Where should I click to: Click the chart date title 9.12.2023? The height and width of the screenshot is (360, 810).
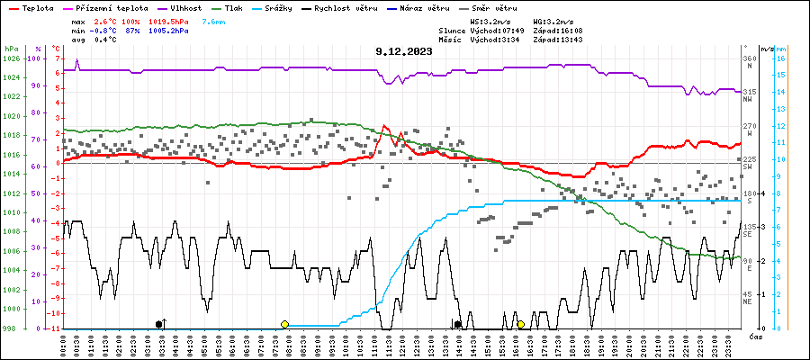pos(404,51)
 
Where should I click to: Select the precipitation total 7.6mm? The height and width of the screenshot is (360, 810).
pos(214,20)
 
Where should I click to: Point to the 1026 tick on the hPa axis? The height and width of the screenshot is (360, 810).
pos(11,58)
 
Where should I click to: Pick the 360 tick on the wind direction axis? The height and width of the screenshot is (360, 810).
pos(748,58)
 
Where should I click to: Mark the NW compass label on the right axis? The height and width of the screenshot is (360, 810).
pos(747,100)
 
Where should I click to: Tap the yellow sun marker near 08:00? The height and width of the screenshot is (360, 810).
pos(284,324)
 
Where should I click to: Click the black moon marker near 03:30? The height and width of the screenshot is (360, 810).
pos(159,324)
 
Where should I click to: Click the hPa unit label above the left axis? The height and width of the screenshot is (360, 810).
pos(11,48)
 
